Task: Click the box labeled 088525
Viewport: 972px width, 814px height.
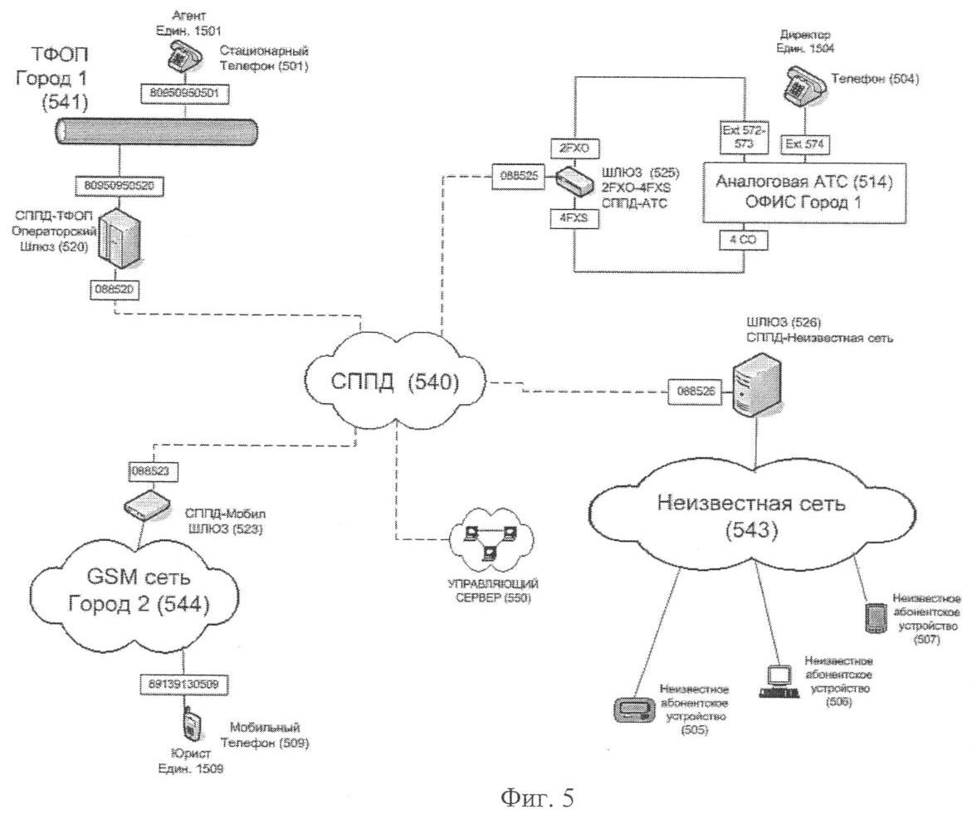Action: [517, 176]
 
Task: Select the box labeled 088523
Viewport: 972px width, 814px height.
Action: [147, 470]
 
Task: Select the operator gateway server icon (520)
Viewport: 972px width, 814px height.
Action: [115, 236]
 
